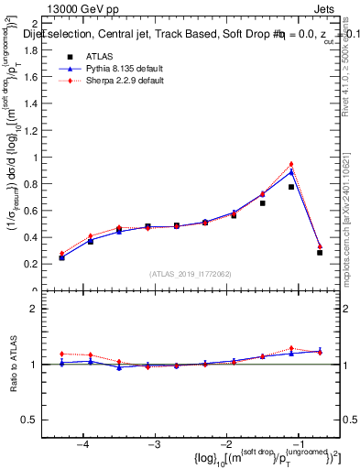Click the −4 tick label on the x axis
coord(82,443)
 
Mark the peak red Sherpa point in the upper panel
coord(291,164)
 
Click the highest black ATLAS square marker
coord(291,187)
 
